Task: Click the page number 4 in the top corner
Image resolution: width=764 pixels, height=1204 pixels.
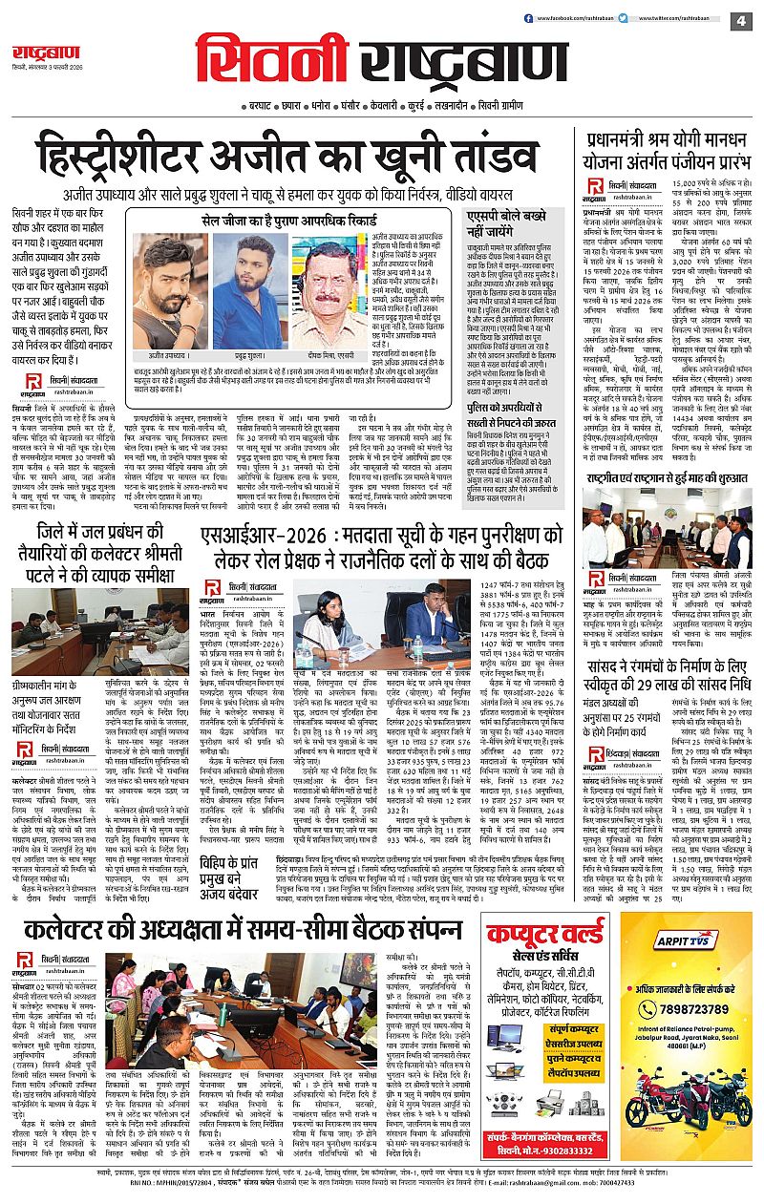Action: coord(742,20)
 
